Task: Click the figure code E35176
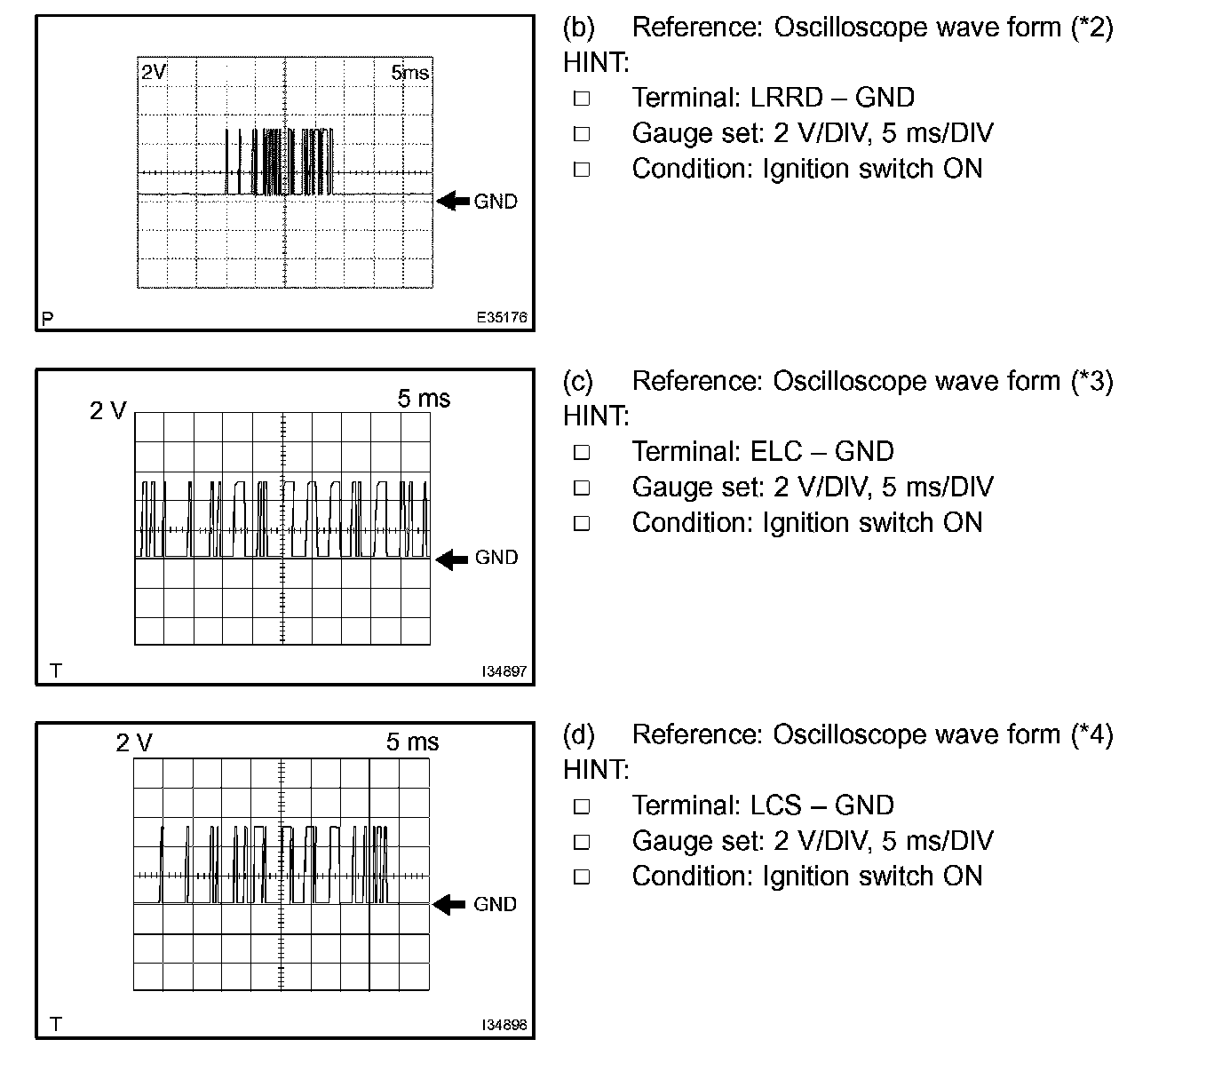click(x=502, y=317)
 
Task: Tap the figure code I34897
click(x=504, y=671)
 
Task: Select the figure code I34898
click(x=504, y=1025)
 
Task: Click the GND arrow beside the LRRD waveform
click(x=454, y=201)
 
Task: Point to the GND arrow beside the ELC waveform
click(x=453, y=559)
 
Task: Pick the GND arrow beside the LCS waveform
click(x=449, y=904)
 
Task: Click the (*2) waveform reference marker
click(x=1091, y=28)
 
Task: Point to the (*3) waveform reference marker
click(x=1091, y=381)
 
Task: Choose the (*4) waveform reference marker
click(x=1091, y=734)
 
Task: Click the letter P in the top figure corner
click(x=48, y=318)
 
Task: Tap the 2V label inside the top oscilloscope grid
click(x=154, y=72)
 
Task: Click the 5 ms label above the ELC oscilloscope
click(x=424, y=399)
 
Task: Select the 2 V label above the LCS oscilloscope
click(x=134, y=742)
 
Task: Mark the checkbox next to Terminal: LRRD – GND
click(x=582, y=99)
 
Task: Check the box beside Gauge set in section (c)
click(x=582, y=488)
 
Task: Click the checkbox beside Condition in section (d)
click(x=582, y=877)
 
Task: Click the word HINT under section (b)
click(x=595, y=62)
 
